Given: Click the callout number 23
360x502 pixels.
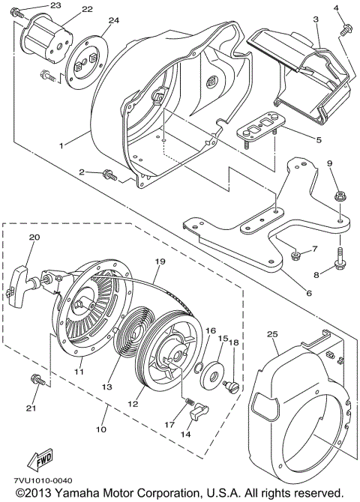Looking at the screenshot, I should point(55,5).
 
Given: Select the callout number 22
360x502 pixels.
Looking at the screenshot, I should point(87,9).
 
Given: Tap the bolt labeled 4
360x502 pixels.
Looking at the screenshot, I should point(346,30).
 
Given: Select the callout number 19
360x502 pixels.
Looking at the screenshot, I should point(159,263).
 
